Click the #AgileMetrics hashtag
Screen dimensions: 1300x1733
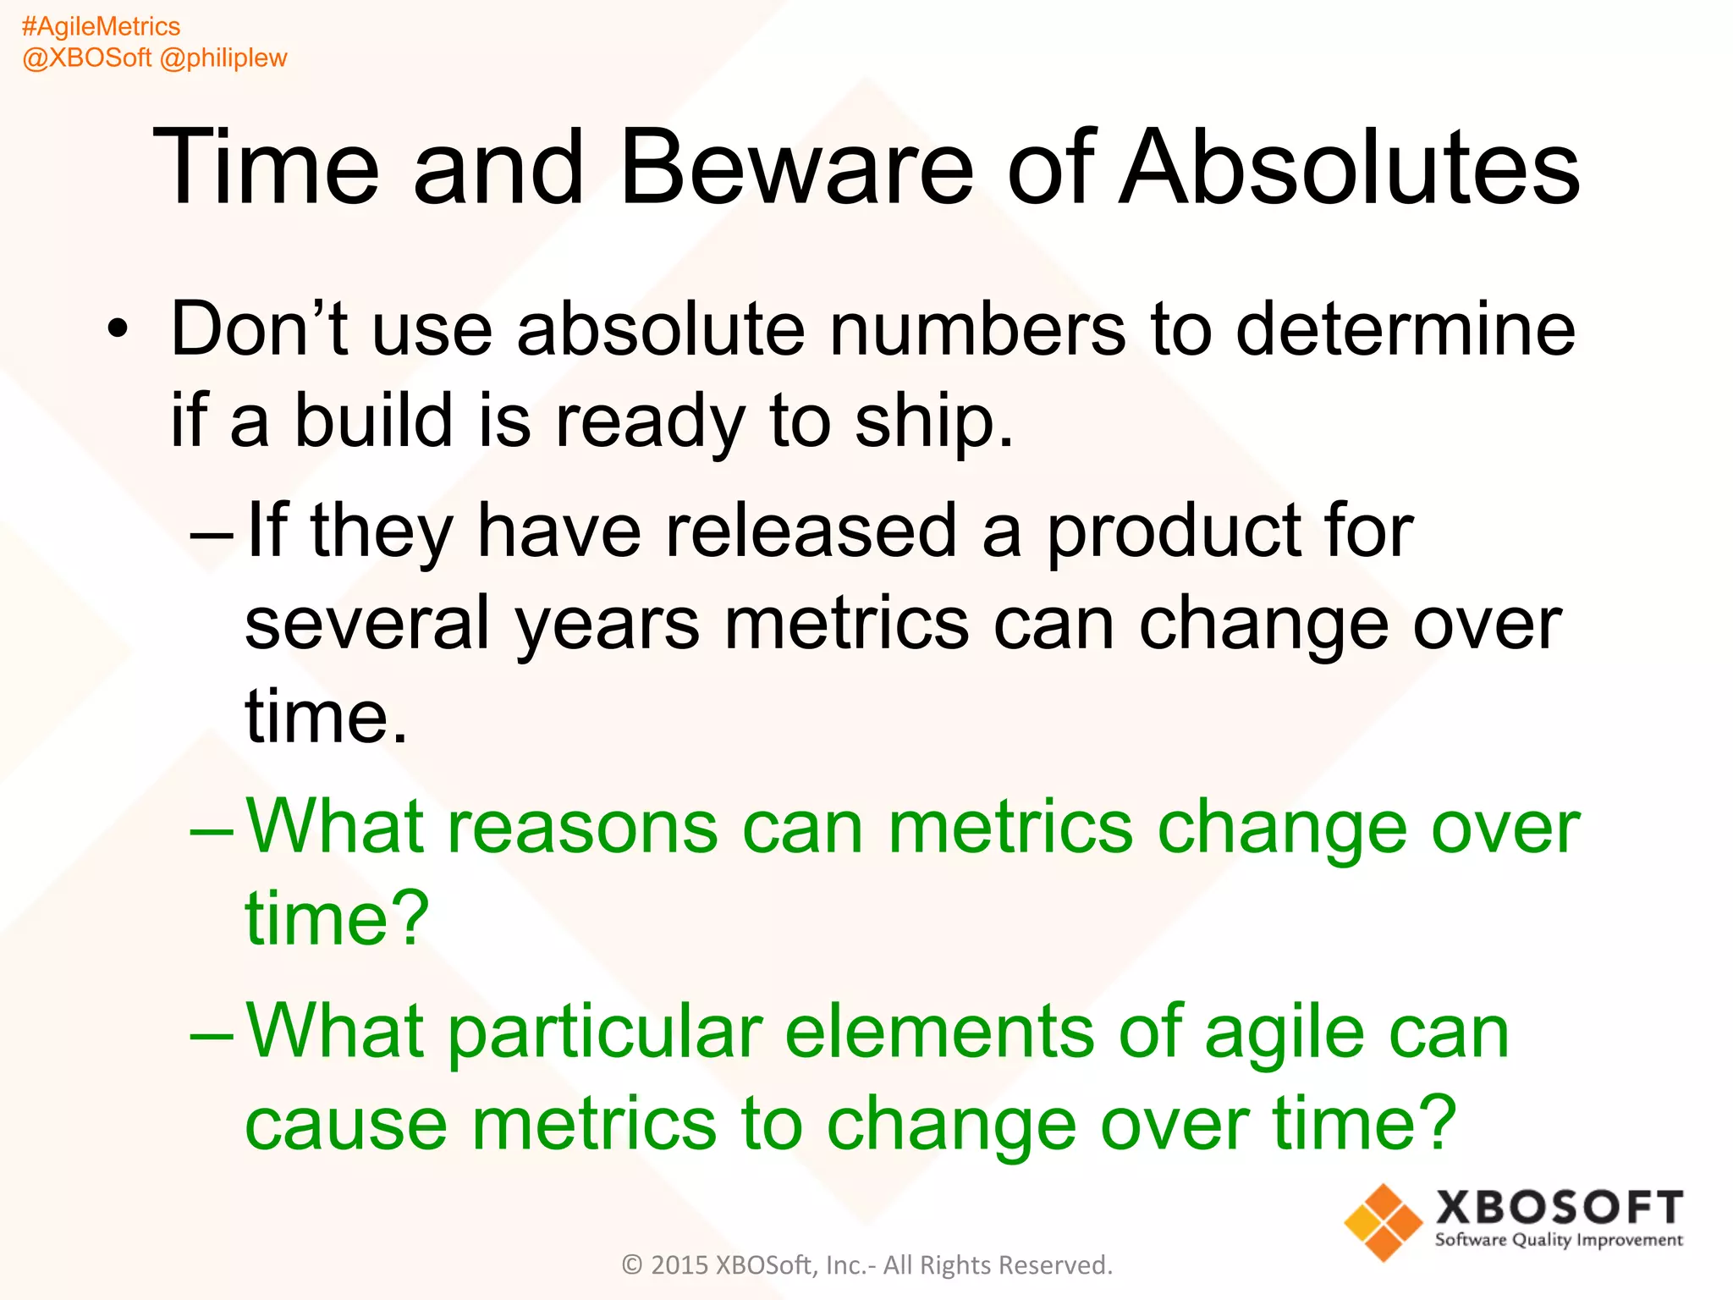(101, 27)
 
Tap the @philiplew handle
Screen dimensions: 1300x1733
(223, 58)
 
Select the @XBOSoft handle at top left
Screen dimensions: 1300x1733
(86, 58)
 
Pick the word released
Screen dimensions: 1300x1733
(811, 531)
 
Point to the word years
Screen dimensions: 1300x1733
(607, 625)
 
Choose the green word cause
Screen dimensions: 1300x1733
(345, 1124)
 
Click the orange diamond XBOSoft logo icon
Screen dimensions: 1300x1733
(1383, 1222)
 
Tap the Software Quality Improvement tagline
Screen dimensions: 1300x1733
(1558, 1241)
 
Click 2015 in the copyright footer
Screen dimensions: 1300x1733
(679, 1265)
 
